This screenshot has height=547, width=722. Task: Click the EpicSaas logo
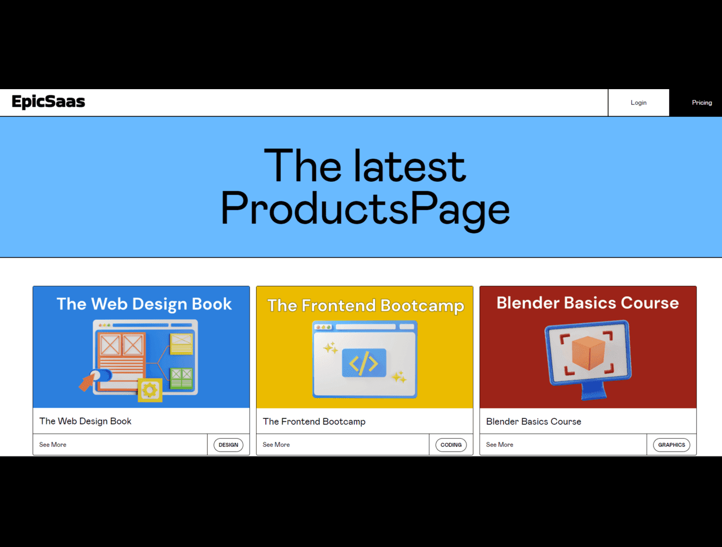pyautogui.click(x=48, y=102)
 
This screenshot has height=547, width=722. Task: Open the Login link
pyautogui.click(x=638, y=102)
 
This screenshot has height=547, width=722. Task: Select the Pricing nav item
pyautogui.click(x=702, y=102)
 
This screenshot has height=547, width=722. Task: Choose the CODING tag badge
pyautogui.click(x=450, y=445)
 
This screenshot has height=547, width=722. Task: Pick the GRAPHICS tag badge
pyautogui.click(x=671, y=445)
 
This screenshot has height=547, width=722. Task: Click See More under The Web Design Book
pyautogui.click(x=52, y=445)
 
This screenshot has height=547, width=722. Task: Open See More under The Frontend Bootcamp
pyautogui.click(x=276, y=445)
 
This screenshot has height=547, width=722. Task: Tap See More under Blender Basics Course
pyautogui.click(x=499, y=445)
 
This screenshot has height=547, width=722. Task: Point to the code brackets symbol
pyautogui.click(x=364, y=364)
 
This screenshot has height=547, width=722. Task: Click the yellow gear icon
pyautogui.click(x=150, y=390)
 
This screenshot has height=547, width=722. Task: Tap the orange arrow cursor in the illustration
pyautogui.click(x=87, y=382)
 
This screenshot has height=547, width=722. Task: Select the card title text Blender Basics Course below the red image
pyautogui.click(x=533, y=422)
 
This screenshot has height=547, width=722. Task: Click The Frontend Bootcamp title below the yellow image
pyautogui.click(x=314, y=422)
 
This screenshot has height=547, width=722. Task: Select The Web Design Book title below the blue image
pyautogui.click(x=85, y=421)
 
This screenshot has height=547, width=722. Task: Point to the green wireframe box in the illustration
pyautogui.click(x=181, y=378)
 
